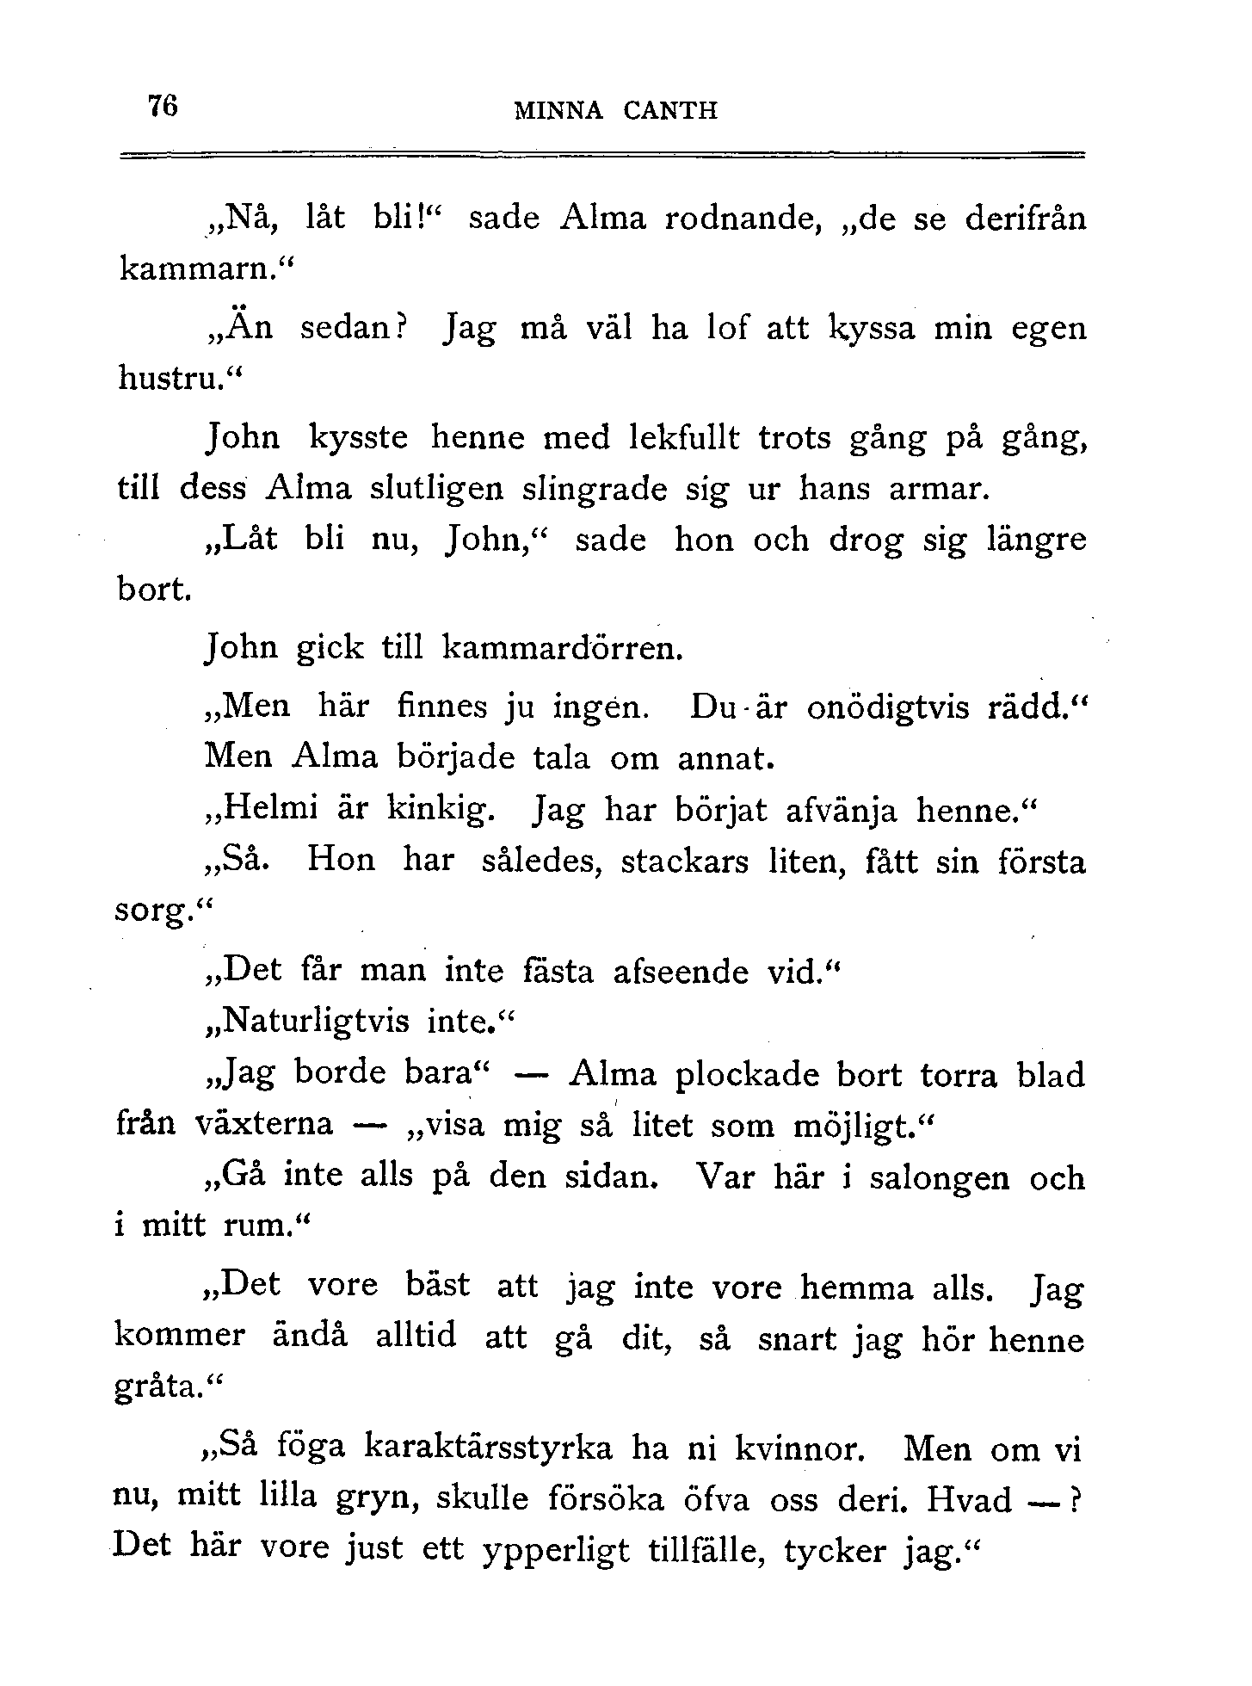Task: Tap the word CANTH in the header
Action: pos(669,111)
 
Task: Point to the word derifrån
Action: pos(1025,219)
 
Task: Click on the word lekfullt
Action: pos(684,438)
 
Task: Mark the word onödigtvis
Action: pos(891,707)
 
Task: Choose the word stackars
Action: pos(684,862)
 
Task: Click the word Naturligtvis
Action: pos(315,1022)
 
